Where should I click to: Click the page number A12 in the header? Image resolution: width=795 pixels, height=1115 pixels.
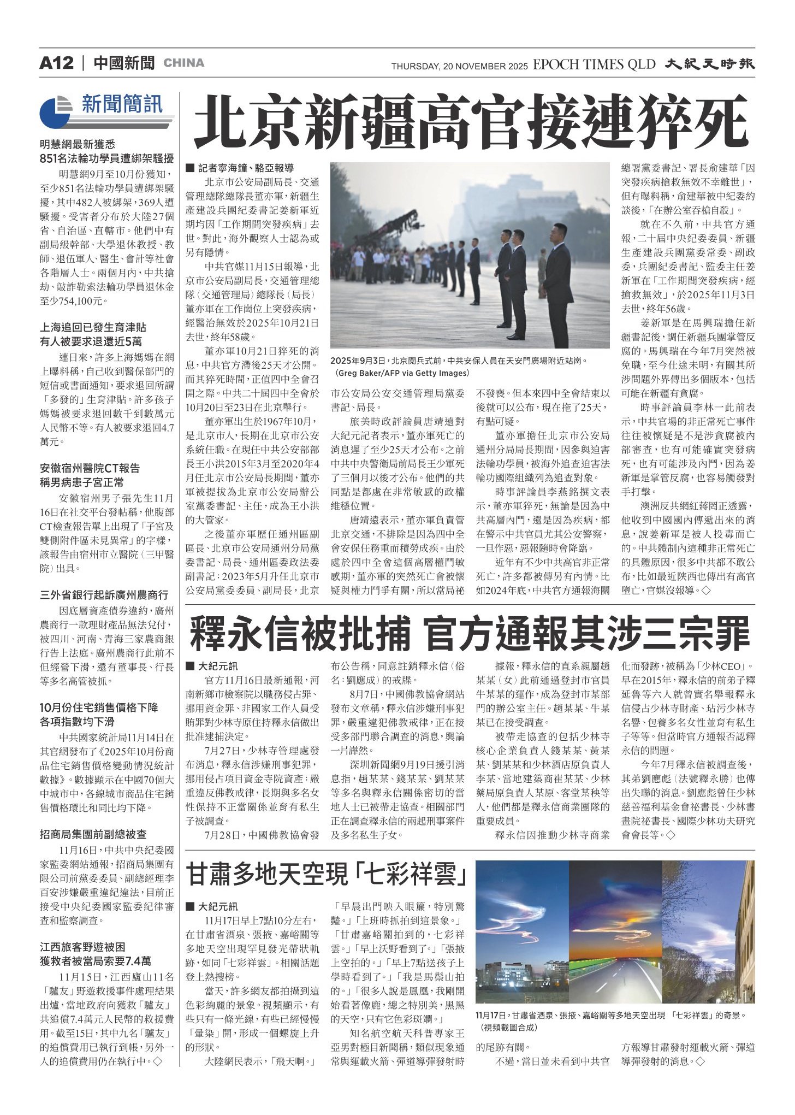pyautogui.click(x=56, y=63)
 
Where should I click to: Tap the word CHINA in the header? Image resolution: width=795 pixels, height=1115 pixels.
pyautogui.click(x=184, y=63)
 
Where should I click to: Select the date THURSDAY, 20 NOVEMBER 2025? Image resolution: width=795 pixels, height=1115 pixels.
pyautogui.click(x=459, y=67)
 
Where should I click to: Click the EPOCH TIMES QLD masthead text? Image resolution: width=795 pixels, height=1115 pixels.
pyautogui.click(x=594, y=64)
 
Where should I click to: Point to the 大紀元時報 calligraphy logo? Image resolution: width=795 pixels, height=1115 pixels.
pyautogui.click(x=710, y=64)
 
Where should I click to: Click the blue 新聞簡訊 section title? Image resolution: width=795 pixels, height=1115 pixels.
pyautogui.click(x=122, y=104)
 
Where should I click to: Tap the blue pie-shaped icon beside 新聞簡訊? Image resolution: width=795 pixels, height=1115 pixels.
pyautogui.click(x=55, y=111)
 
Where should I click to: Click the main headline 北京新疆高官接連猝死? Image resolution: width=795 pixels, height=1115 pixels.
pyautogui.click(x=471, y=123)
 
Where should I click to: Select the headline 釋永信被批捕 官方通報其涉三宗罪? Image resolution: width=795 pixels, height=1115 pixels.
pyautogui.click(x=470, y=634)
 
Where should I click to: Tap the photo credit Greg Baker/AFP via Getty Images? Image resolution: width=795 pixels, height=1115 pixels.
pyautogui.click(x=403, y=373)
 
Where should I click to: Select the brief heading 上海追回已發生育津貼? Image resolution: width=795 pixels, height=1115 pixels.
pyautogui.click(x=93, y=328)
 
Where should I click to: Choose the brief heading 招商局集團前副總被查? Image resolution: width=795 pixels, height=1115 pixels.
pyautogui.click(x=93, y=835)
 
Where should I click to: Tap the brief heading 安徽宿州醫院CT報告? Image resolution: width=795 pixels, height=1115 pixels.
pyautogui.click(x=90, y=468)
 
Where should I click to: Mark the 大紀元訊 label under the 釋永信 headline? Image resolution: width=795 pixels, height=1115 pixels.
pyautogui.click(x=217, y=666)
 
